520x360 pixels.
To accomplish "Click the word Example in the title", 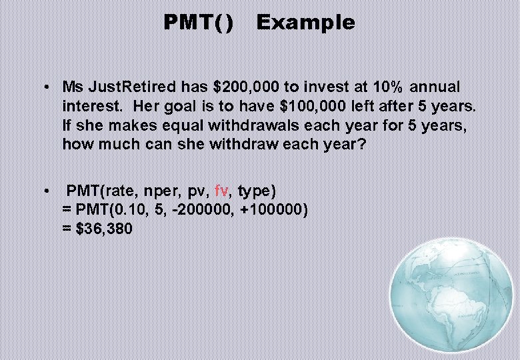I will click(305, 23).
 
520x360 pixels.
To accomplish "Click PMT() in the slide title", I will click(199, 23).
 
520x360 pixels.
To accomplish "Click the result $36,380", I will click(104, 229).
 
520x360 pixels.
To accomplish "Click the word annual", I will click(435, 87).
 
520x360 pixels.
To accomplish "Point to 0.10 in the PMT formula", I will click(128, 210).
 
